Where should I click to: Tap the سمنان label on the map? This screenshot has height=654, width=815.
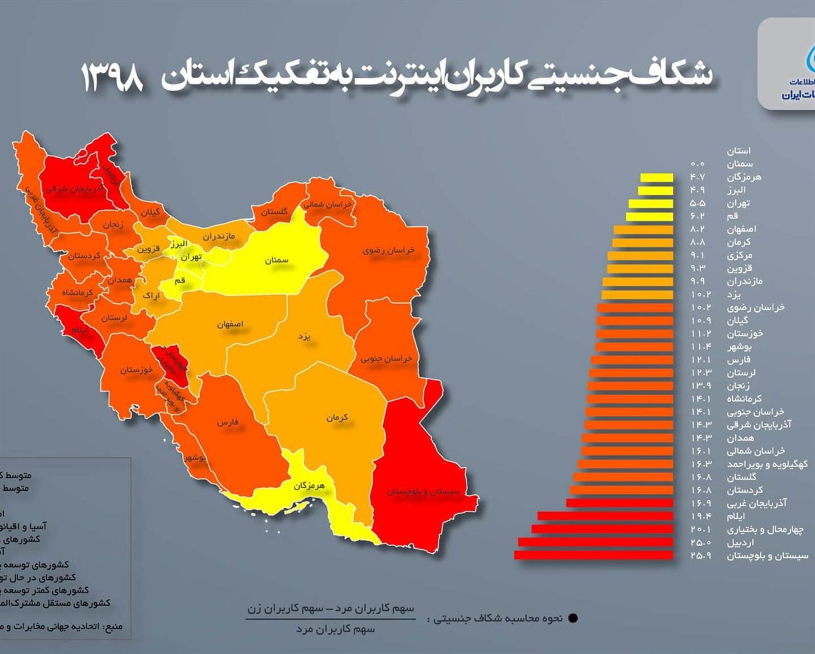click(x=276, y=260)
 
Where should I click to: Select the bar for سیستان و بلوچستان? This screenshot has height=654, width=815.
click(x=593, y=555)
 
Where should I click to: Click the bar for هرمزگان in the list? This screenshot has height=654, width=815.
click(x=657, y=177)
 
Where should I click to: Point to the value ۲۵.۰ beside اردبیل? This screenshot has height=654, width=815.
click(x=700, y=542)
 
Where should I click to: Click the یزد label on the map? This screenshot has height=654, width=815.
click(x=304, y=337)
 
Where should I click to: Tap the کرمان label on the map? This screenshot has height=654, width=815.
click(x=337, y=418)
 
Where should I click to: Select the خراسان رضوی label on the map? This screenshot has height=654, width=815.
click(x=388, y=251)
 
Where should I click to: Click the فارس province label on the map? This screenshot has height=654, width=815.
click(x=228, y=422)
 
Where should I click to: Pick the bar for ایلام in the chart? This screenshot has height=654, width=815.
click(x=605, y=516)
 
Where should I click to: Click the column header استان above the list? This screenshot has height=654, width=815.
click(x=738, y=151)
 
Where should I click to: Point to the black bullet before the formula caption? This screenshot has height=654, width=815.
click(x=573, y=618)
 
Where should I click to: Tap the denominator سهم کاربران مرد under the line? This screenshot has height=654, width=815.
click(x=335, y=629)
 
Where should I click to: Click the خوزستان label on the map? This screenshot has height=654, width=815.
click(x=136, y=370)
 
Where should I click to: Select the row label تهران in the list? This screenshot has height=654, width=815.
click(x=738, y=203)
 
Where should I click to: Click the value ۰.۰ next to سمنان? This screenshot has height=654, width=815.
click(x=697, y=164)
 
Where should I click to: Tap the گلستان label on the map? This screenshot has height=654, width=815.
click(x=274, y=212)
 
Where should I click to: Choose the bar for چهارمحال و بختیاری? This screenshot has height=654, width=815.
click(x=602, y=529)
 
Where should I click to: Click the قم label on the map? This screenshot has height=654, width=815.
click(x=180, y=281)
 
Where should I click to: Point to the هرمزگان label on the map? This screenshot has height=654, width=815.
click(x=309, y=486)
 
